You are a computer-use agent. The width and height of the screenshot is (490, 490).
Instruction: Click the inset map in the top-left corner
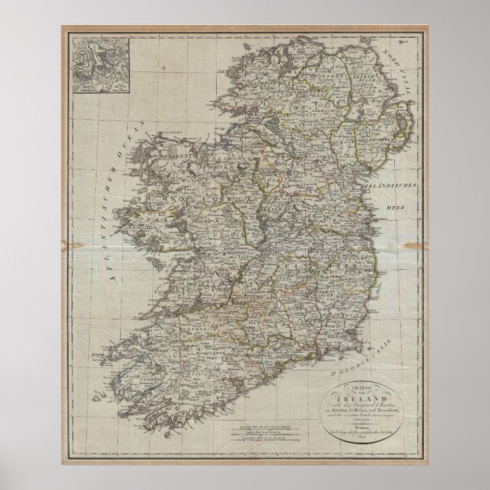coord(97,68)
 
